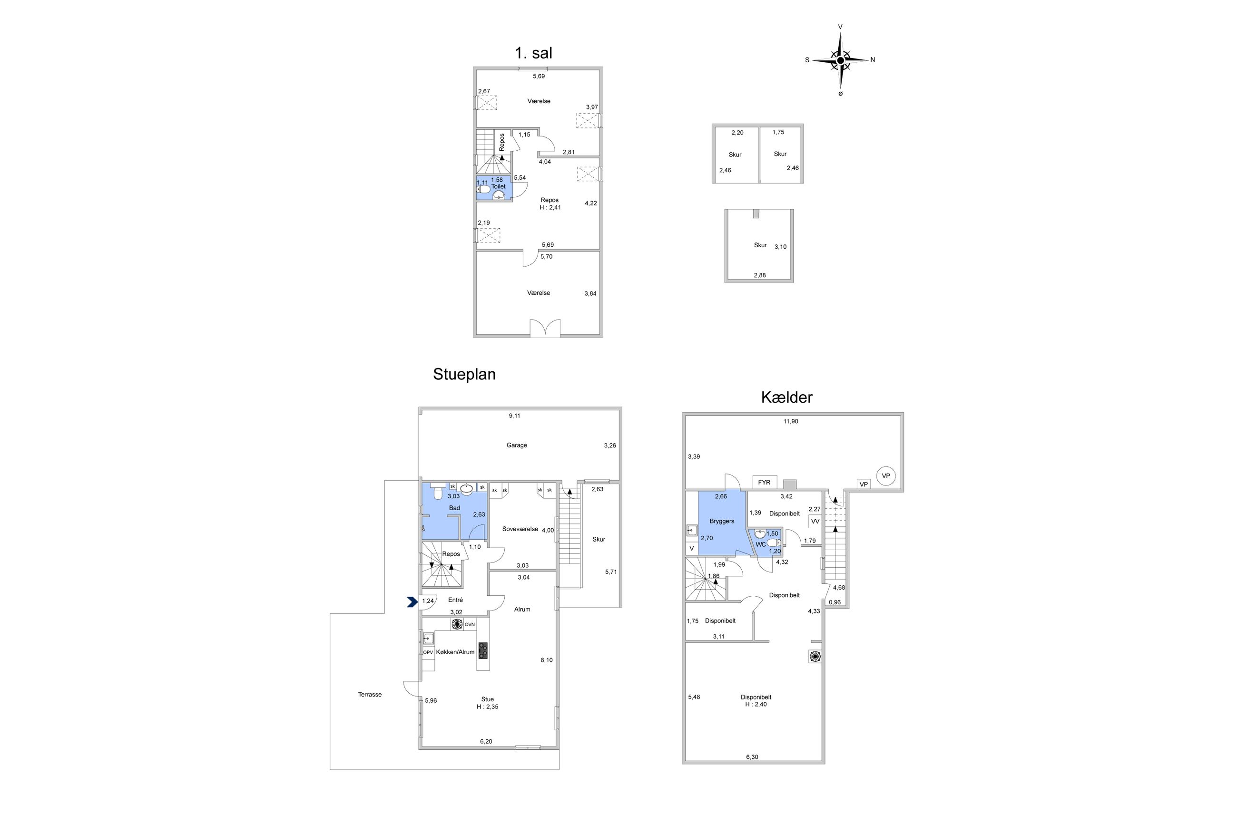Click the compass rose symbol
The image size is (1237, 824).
[x=840, y=60]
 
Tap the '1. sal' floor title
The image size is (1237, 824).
[x=533, y=53]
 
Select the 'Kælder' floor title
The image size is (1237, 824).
[x=786, y=397]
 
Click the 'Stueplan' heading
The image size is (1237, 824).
[x=464, y=374]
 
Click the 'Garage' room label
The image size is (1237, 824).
[x=516, y=445]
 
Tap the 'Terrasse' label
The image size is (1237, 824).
[x=370, y=694]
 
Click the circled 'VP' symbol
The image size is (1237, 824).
[x=886, y=475]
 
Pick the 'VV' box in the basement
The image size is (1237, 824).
[x=815, y=521]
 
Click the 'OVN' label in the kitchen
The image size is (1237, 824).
[x=470, y=624]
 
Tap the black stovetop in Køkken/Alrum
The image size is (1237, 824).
[x=482, y=650]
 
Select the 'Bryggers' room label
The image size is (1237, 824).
[x=721, y=521]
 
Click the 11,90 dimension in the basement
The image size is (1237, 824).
[x=791, y=421]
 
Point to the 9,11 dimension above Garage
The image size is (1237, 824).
[x=514, y=416]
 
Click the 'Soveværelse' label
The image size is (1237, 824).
[x=520, y=529]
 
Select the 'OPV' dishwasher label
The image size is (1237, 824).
[x=428, y=653]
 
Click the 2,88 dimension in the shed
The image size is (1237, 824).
[x=759, y=275]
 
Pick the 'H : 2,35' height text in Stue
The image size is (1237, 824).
[x=487, y=707]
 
